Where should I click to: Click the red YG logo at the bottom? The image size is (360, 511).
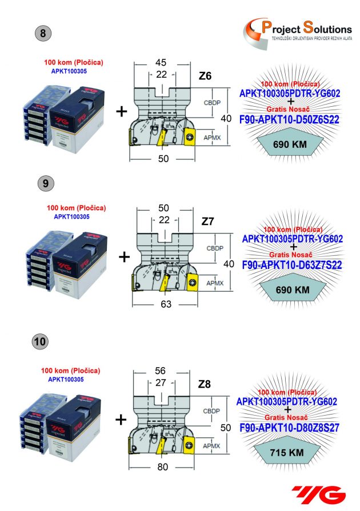pos(318,493)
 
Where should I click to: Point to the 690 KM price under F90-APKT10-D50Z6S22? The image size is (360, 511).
pos(292,145)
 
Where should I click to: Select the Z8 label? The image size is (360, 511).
pos(204,385)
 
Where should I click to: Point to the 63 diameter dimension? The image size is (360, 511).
pos(166,304)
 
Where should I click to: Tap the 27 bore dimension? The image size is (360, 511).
pos(163,384)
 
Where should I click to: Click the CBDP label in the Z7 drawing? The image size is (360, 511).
pos(215,249)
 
